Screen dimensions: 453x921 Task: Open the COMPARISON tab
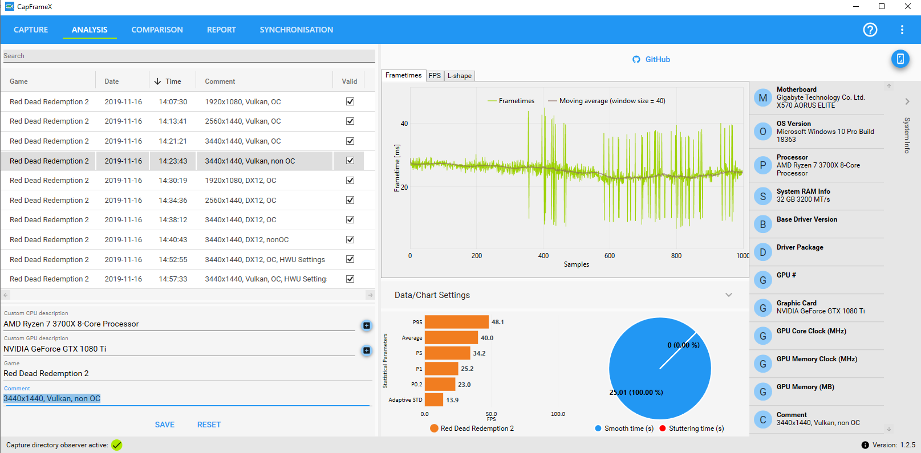click(157, 30)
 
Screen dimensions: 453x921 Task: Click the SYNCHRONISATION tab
click(296, 30)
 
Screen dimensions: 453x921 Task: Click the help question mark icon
click(870, 30)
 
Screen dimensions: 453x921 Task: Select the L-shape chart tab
click(459, 76)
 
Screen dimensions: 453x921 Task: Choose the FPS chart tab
click(435, 76)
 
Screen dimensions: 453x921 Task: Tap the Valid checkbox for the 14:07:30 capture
click(350, 101)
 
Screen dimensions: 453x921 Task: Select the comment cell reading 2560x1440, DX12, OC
click(241, 200)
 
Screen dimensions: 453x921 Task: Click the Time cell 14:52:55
click(173, 259)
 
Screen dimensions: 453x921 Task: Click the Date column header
click(112, 81)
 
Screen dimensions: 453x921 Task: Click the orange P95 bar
click(456, 322)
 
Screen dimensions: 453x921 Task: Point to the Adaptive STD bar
click(433, 400)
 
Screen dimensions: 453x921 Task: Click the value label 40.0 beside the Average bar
click(487, 338)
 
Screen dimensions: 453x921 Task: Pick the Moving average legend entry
click(606, 101)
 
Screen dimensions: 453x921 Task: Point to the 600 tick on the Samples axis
click(610, 256)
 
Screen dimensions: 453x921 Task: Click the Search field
click(188, 56)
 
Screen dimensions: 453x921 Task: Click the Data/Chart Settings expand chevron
click(728, 295)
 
